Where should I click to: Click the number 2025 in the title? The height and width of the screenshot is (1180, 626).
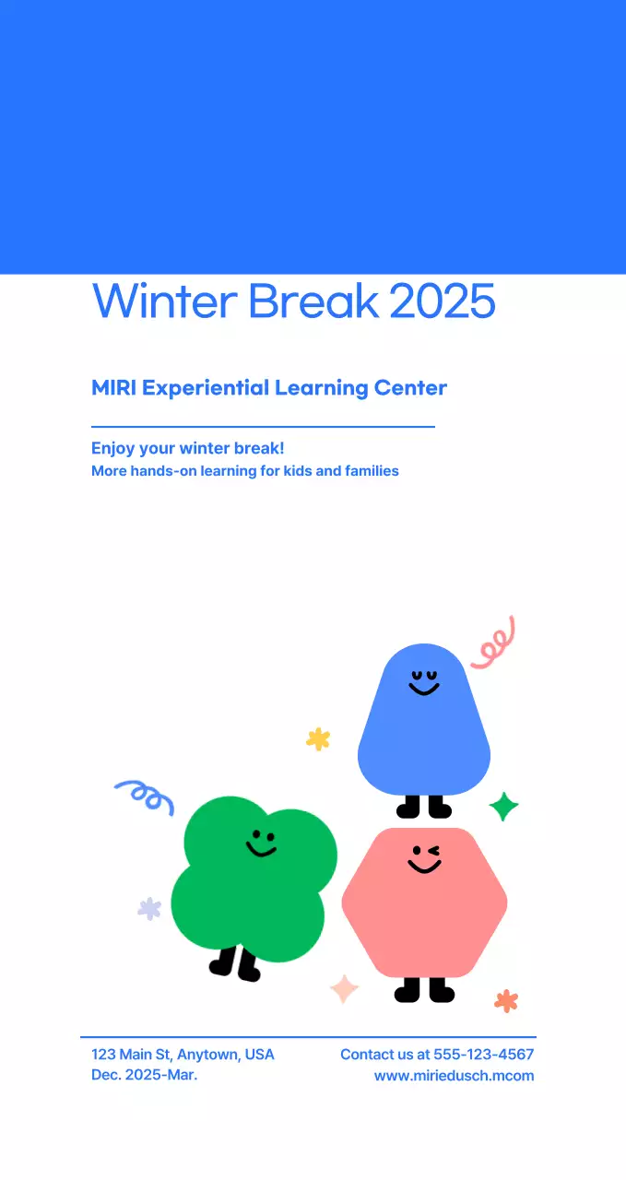[443, 301]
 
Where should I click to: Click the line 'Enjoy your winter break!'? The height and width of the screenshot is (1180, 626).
[187, 449]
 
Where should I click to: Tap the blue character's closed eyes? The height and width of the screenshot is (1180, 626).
[424, 676]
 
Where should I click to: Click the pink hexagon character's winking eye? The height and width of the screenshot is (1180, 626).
[433, 850]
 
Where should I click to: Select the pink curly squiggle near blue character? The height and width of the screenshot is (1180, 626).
[494, 643]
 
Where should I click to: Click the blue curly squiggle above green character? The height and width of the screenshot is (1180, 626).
[145, 796]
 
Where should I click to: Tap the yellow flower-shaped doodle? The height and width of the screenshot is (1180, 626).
[318, 738]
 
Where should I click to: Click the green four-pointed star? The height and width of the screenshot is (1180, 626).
[503, 806]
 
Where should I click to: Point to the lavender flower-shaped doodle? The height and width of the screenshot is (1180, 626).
[149, 909]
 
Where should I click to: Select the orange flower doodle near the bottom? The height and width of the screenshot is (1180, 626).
[506, 1000]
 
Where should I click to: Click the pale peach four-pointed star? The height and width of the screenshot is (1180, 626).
[344, 988]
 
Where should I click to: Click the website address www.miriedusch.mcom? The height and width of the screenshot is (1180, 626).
[454, 1076]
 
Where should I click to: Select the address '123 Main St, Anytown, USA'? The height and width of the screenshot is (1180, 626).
[183, 1055]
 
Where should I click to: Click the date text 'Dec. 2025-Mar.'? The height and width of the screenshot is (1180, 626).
[144, 1076]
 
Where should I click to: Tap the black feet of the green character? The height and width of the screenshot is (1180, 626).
[235, 964]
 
